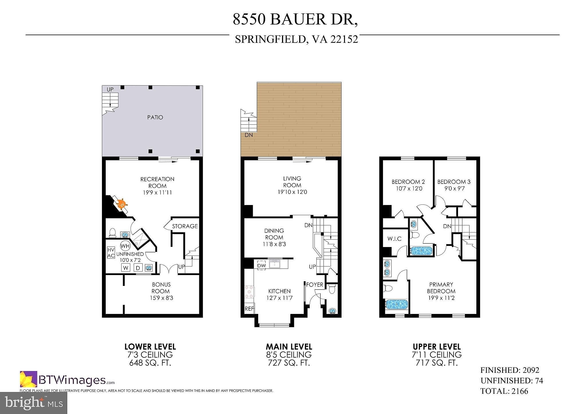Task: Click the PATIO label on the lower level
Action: pos(155,117)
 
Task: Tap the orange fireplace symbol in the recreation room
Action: pos(122,204)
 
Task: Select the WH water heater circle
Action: pos(125,246)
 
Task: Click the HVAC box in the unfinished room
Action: pos(111,253)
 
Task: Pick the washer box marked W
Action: pos(126,268)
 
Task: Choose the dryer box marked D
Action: pos(138,268)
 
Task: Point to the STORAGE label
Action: pos(185,226)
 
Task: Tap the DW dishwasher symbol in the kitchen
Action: pos(261,265)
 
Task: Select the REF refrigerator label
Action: pos(249,309)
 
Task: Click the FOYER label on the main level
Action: pos(315,285)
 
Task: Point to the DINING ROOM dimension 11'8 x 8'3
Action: pos(274,244)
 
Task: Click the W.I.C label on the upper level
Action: pos(394,239)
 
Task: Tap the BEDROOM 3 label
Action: pos(454,182)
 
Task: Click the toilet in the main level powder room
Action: pos(332,289)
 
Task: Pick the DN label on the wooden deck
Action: pos(249,135)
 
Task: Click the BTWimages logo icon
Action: pos(28,379)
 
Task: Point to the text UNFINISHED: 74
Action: pos(512,381)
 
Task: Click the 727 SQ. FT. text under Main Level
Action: pos(289,363)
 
